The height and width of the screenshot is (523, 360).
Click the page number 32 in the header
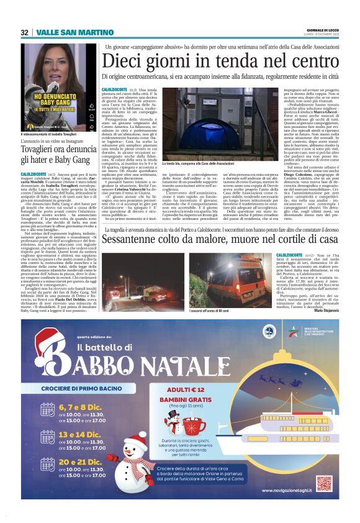tap(24, 32)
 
